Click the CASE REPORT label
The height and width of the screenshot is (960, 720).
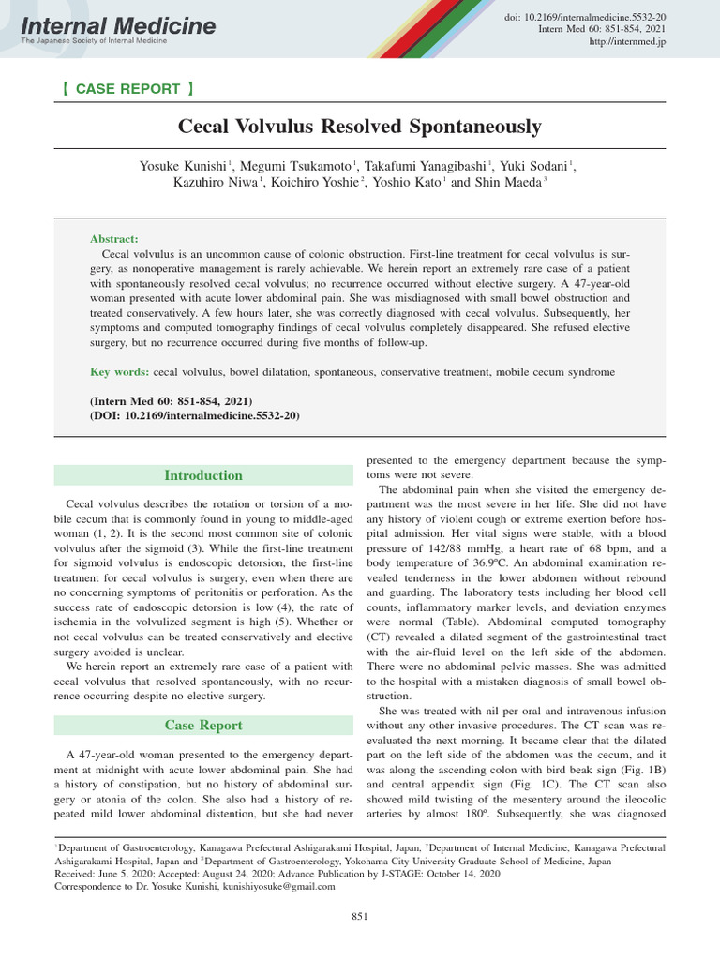(x=127, y=89)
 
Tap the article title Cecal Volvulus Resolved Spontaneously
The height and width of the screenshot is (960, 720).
(x=360, y=126)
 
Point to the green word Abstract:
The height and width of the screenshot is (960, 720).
(x=113, y=240)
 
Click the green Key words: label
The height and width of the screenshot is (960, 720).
(x=119, y=372)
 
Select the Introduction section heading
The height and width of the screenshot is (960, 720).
(x=203, y=475)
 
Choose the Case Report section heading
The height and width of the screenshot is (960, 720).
(x=203, y=725)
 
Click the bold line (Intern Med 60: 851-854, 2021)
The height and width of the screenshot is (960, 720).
(x=172, y=400)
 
